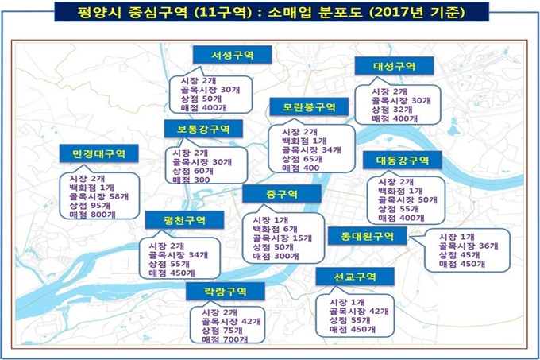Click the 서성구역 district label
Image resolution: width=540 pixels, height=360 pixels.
(233, 55)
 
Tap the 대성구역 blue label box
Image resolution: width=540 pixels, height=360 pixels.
(395, 66)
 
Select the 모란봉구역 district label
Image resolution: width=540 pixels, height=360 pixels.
(309, 106)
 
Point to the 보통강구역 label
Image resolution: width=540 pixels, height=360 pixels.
(203, 130)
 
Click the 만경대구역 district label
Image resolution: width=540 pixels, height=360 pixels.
(98, 153)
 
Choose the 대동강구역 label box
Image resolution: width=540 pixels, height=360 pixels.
(403, 161)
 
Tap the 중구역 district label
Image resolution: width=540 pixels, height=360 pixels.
(282, 194)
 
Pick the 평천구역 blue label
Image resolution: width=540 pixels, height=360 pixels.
(184, 220)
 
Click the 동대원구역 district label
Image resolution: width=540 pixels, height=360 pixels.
(367, 236)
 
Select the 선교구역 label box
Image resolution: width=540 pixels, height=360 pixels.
(355, 277)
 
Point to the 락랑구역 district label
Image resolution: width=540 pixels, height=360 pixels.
(226, 292)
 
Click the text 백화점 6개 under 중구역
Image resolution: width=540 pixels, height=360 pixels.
(276, 229)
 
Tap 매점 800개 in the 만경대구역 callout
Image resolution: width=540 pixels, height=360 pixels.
(92, 215)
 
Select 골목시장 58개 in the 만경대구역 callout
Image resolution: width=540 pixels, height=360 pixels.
(98, 197)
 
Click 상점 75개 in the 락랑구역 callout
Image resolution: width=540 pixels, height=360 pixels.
(222, 331)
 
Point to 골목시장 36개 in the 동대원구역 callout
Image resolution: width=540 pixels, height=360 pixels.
(469, 246)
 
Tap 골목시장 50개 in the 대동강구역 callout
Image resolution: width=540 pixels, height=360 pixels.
(407, 200)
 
